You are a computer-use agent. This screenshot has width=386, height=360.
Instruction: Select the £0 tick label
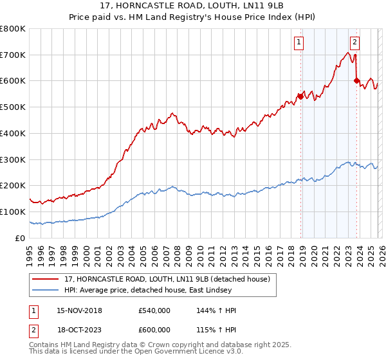20,238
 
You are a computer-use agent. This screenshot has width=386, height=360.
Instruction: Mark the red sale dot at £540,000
300,97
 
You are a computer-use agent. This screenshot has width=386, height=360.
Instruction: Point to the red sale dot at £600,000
356,81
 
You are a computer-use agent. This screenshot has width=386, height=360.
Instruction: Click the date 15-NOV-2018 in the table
79,310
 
